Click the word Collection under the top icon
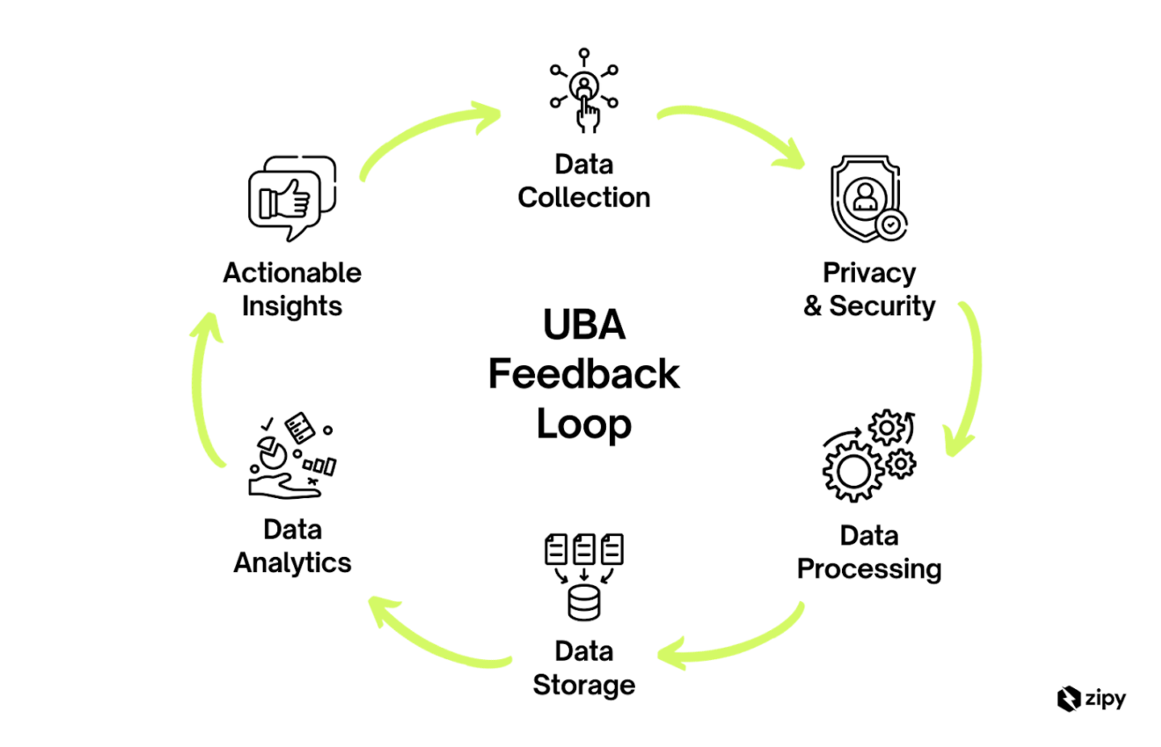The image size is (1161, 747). [584, 197]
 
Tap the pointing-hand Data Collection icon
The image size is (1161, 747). [584, 91]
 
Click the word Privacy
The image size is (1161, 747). [869, 273]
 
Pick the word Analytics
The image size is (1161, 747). [292, 563]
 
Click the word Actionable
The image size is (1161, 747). [292, 273]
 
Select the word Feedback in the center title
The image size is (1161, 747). [584, 374]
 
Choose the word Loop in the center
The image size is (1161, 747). [584, 424]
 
